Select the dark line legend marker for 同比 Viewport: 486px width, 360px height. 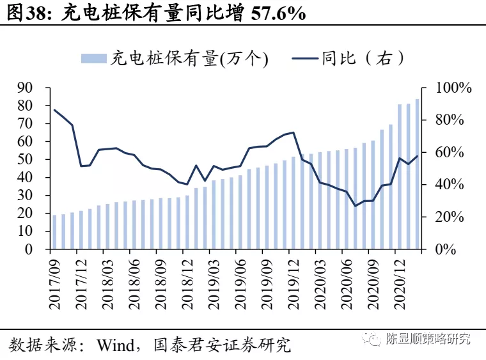coord(305,59)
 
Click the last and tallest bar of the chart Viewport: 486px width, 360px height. coord(417,174)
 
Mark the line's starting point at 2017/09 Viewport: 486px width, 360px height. coord(54,110)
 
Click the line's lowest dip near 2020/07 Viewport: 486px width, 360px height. coord(356,206)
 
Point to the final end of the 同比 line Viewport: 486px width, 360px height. coord(417,156)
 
